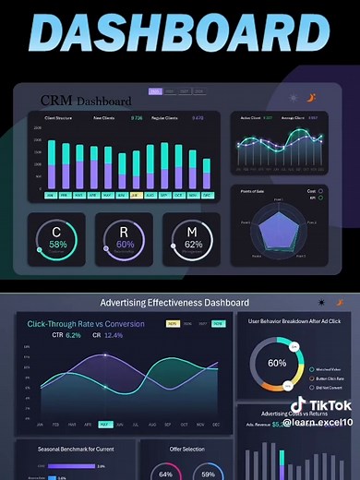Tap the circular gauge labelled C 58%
(58, 237)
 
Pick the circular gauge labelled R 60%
(126, 237)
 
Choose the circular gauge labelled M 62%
(193, 237)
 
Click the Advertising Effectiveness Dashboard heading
(174, 303)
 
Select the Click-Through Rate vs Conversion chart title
(86, 324)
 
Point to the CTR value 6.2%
(73, 336)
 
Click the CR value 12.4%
(113, 336)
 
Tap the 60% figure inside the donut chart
(277, 363)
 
